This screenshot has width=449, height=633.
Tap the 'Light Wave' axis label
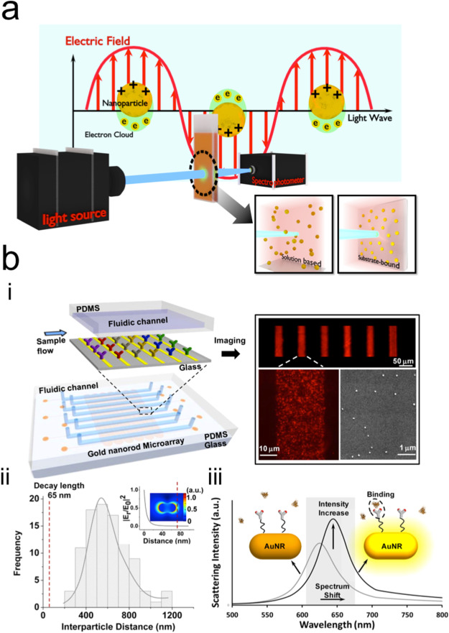[x=371, y=116]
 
